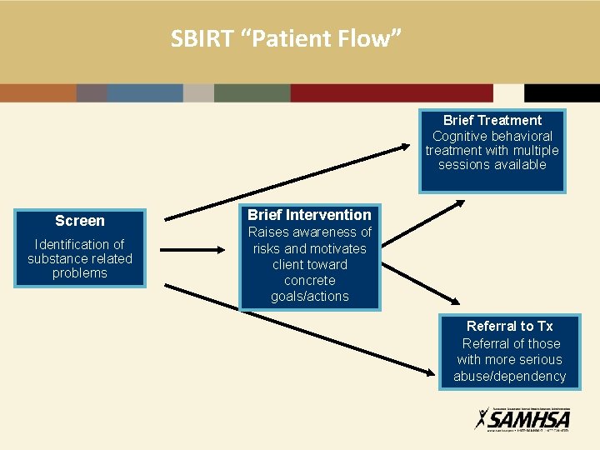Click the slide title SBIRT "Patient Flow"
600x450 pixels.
[x=287, y=38]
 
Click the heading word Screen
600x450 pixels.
[x=80, y=221]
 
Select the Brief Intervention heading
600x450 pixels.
[x=309, y=215]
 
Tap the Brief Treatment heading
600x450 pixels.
[x=492, y=121]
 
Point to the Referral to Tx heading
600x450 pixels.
[x=509, y=326]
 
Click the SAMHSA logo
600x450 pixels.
[x=522, y=417]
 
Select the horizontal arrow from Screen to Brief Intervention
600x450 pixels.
[x=192, y=248]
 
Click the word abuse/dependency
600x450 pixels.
[x=509, y=377]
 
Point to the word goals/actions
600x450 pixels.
[x=309, y=297]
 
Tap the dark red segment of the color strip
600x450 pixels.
[x=392, y=92]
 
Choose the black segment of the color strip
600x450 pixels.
[x=562, y=92]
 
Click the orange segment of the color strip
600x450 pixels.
[x=38, y=92]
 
